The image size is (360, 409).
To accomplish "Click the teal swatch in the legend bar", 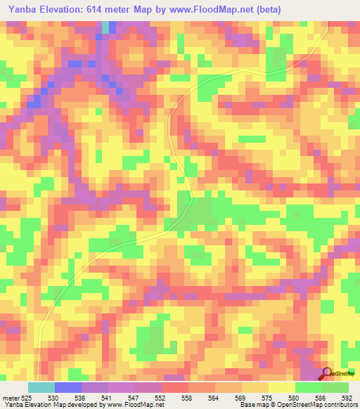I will click(x=41, y=388).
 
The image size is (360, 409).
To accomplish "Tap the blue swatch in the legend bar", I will click(x=67, y=388).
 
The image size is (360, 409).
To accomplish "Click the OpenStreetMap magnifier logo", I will click(x=328, y=373).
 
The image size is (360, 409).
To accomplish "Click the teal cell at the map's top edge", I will click(x=105, y=27).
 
